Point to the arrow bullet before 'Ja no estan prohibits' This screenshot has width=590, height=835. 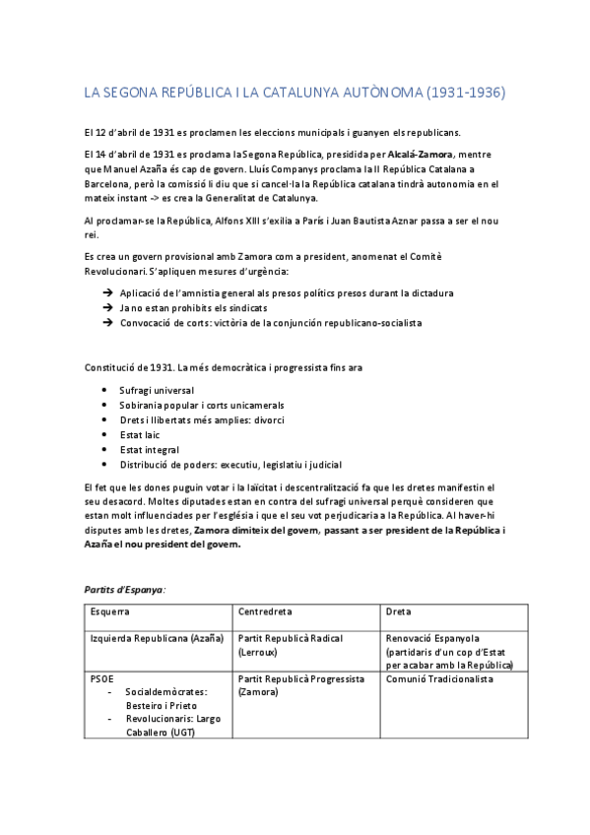pos(106,308)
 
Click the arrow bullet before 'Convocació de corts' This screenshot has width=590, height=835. pos(106,323)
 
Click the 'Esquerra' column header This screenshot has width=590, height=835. pos(110,611)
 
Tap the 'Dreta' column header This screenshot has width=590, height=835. pos(398,611)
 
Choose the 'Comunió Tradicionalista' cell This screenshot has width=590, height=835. pos(439,679)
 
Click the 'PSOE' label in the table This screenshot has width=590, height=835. pos(101,679)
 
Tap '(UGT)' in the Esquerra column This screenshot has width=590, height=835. pos(183,733)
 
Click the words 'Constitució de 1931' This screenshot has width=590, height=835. pos(129,367)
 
